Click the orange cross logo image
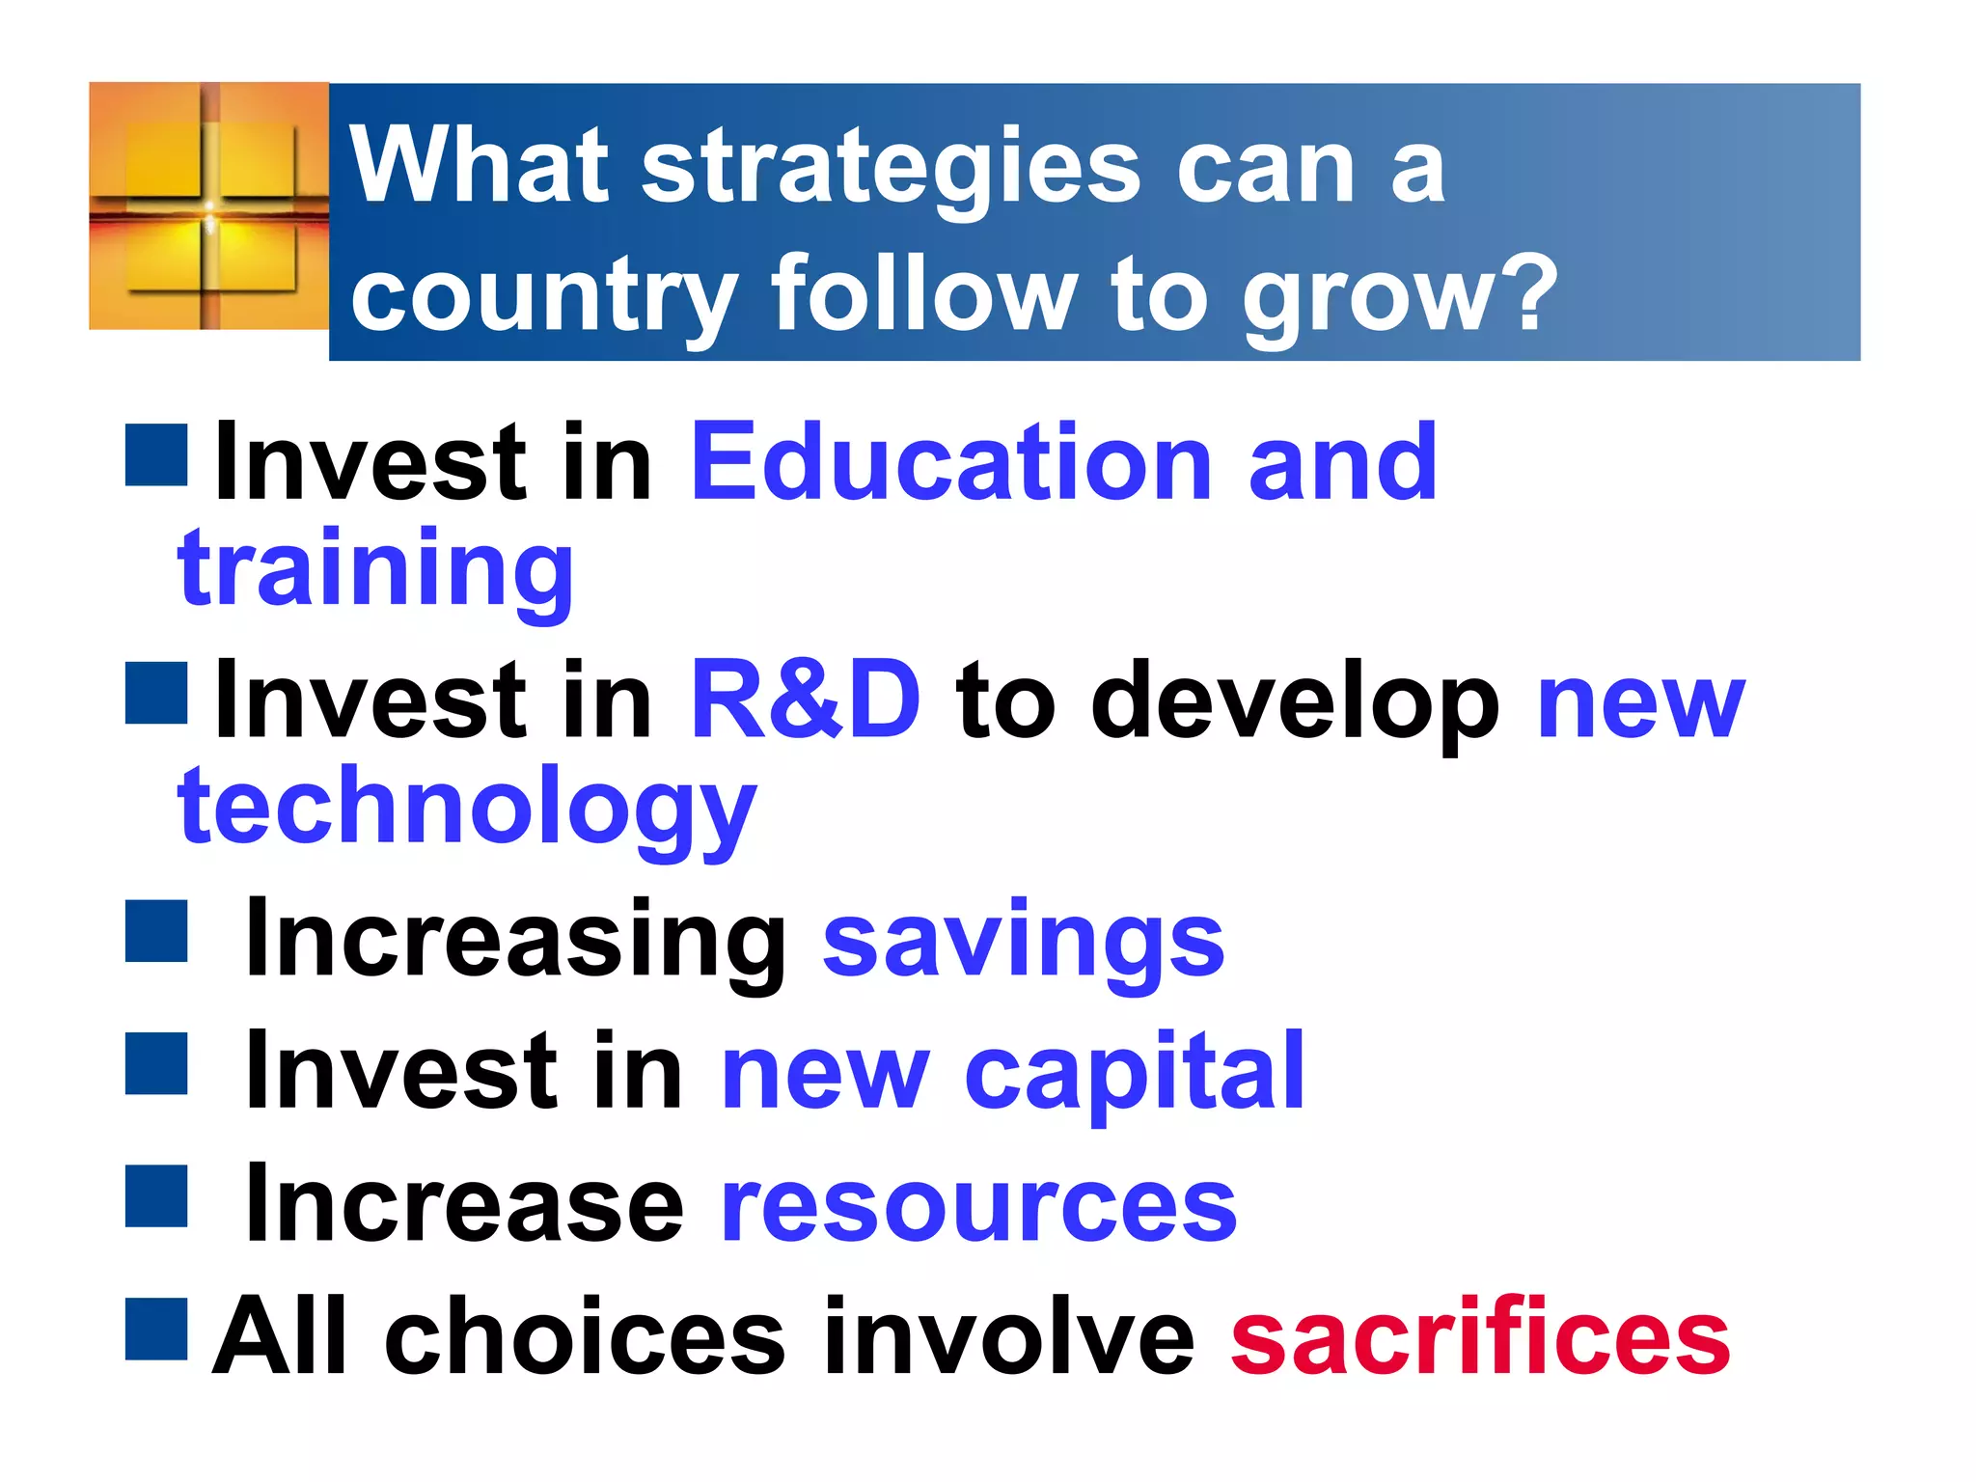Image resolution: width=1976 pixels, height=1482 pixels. click(x=208, y=206)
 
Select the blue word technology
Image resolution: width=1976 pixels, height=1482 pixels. click(x=467, y=809)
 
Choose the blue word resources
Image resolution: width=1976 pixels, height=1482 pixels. click(x=978, y=1205)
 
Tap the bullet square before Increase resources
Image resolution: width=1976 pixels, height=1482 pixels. click(x=156, y=1196)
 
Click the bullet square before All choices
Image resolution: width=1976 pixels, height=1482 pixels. click(x=156, y=1329)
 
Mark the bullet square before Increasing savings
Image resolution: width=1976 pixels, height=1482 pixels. click(x=156, y=931)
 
